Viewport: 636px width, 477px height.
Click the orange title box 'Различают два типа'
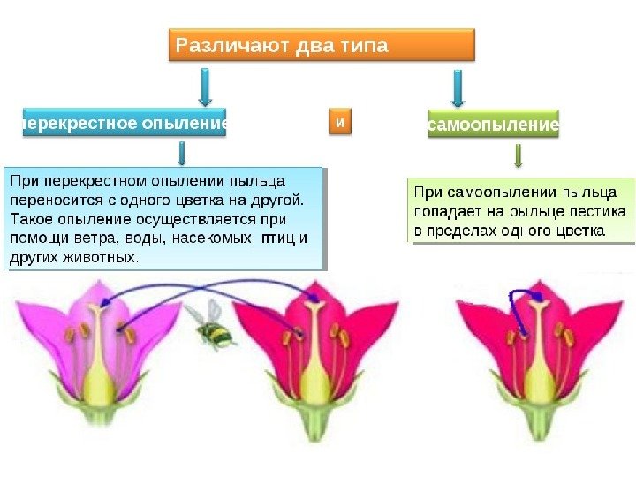pyautogui.click(x=322, y=45)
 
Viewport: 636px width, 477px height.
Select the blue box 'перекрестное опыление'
pyautogui.click(x=122, y=125)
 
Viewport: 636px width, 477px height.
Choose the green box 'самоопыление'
pyautogui.click(x=493, y=125)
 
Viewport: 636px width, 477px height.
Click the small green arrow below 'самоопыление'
pyautogui.click(x=519, y=155)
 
